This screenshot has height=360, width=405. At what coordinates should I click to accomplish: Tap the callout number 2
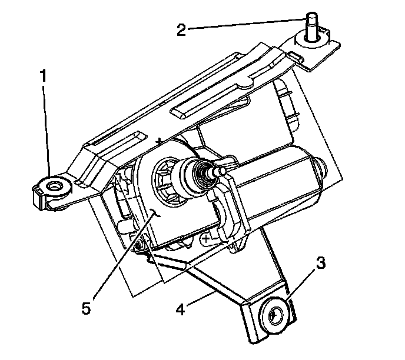[x=182, y=29]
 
